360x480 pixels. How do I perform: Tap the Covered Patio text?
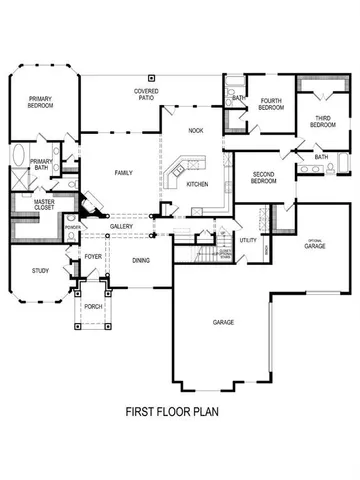(x=149, y=94)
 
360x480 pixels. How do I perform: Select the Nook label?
(x=197, y=131)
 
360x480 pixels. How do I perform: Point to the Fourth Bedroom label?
(x=272, y=104)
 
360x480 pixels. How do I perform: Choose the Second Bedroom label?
(x=263, y=178)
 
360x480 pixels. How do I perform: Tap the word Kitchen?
(x=197, y=184)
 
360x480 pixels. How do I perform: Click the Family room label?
(x=123, y=173)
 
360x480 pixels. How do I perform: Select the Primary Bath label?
(x=41, y=165)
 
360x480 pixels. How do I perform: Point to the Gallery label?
(x=122, y=226)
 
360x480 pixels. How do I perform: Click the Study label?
(x=40, y=270)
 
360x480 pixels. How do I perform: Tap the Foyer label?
(x=95, y=256)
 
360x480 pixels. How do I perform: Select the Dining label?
(x=143, y=260)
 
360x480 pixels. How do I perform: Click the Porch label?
(x=94, y=306)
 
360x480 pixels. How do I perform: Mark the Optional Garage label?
(x=315, y=244)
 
